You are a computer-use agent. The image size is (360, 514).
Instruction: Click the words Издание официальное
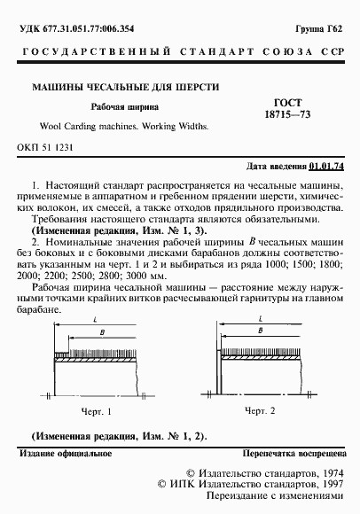coord(59,454)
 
